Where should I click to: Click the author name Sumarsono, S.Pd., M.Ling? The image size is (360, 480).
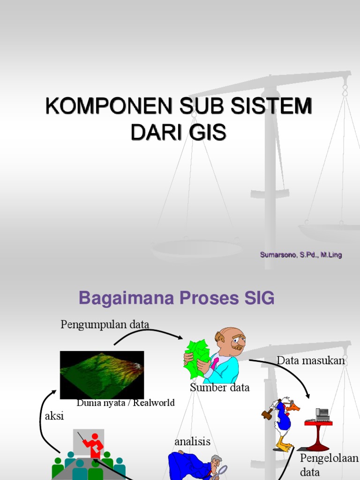pyautogui.click(x=301, y=255)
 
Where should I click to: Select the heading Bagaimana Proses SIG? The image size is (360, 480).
pyautogui.click(x=176, y=298)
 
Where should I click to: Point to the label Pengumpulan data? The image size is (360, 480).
pyautogui.click(x=105, y=324)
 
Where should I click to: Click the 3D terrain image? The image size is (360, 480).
pyautogui.click(x=102, y=375)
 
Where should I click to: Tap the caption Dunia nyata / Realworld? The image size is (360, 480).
pyautogui.click(x=125, y=403)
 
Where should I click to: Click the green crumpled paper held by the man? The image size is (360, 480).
pyautogui.click(x=197, y=358)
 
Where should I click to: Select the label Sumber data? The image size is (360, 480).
pyautogui.click(x=219, y=388)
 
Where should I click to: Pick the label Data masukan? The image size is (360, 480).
pyautogui.click(x=310, y=360)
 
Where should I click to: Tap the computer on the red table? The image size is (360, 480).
pyautogui.click(x=322, y=414)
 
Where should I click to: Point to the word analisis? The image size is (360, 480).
pyautogui.click(x=192, y=442)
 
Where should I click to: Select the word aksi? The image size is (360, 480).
pyautogui.click(x=54, y=416)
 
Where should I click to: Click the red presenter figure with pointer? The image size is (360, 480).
pyautogui.click(x=94, y=445)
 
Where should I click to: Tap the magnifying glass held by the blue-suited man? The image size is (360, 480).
pyautogui.click(x=222, y=470)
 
